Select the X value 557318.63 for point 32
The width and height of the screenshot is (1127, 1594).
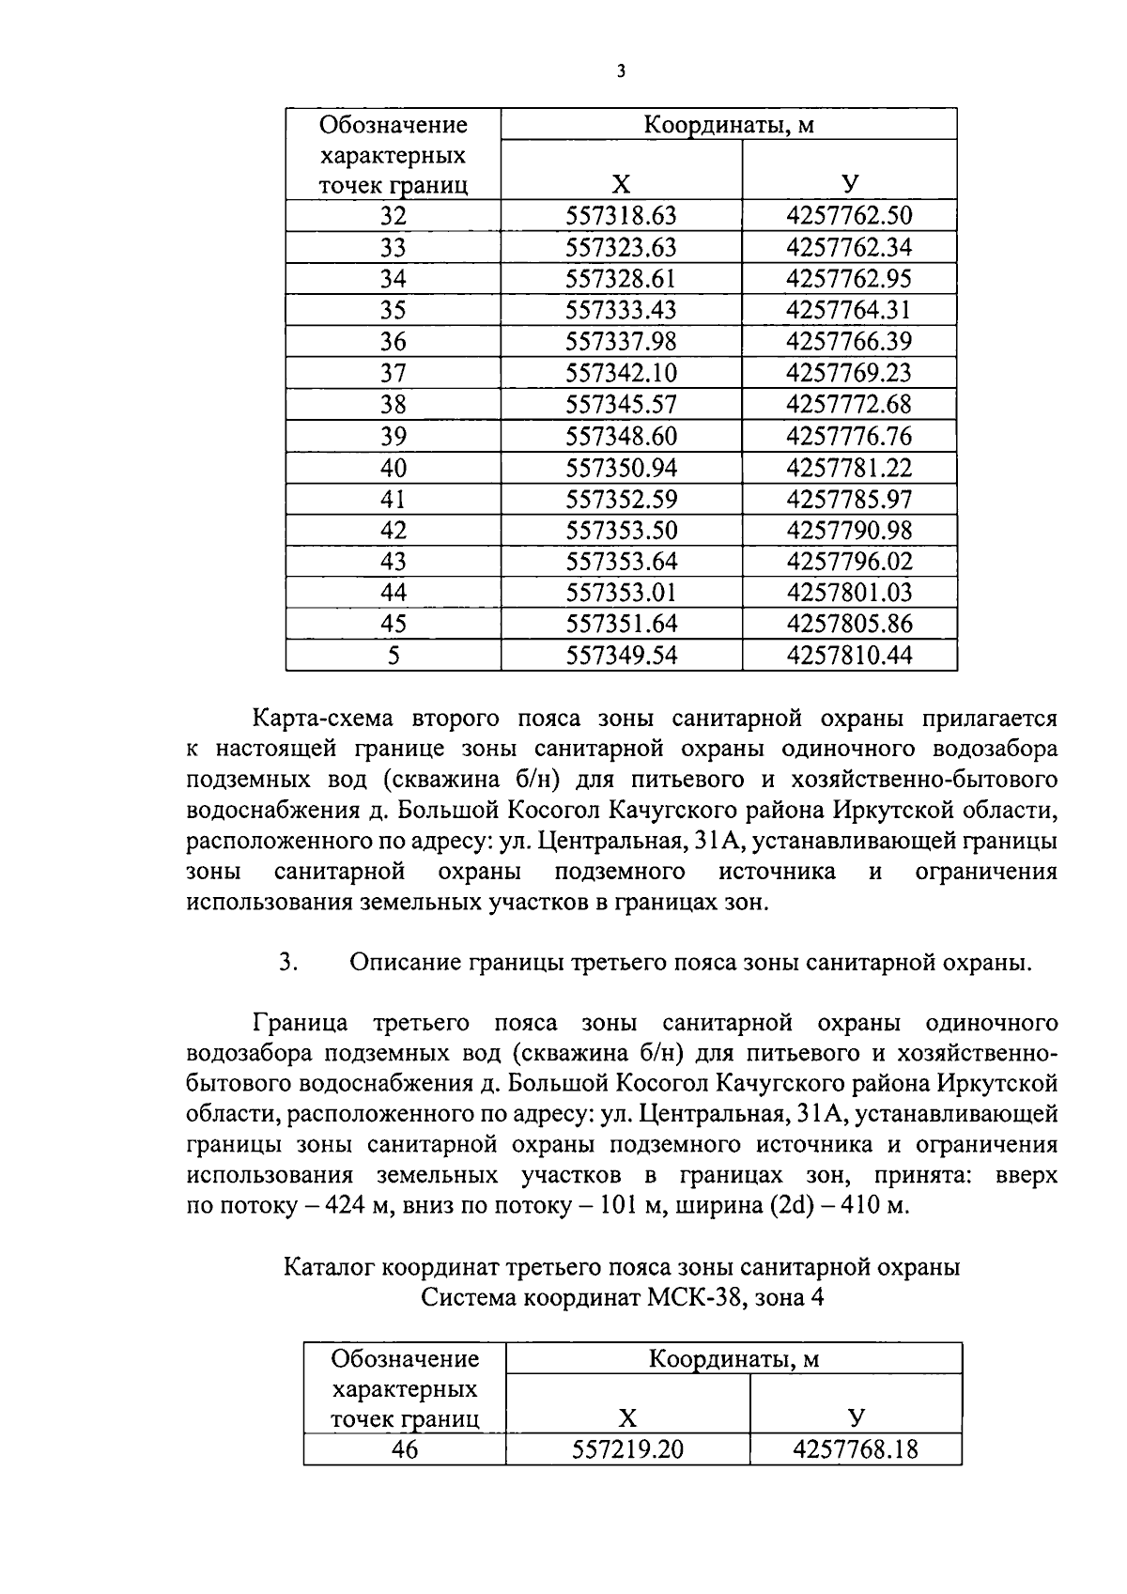[621, 216]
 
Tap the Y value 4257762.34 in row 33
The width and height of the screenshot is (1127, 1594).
[849, 248]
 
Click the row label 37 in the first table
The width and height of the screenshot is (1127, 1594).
[394, 373]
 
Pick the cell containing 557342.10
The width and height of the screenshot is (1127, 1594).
[621, 373]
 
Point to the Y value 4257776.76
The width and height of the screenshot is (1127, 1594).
[849, 436]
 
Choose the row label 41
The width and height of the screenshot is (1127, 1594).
[394, 499]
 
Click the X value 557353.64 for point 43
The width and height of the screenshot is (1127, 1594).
[621, 562]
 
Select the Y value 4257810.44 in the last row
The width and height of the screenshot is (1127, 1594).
[849, 656]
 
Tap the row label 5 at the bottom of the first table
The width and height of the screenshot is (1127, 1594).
[394, 656]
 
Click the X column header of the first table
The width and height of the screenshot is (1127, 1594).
[621, 184]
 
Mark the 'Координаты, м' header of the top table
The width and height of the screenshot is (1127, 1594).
[728, 124]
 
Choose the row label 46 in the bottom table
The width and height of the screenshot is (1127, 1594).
[405, 1449]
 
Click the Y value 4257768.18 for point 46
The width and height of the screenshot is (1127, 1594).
[856, 1449]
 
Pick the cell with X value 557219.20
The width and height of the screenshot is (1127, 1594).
[627, 1449]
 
